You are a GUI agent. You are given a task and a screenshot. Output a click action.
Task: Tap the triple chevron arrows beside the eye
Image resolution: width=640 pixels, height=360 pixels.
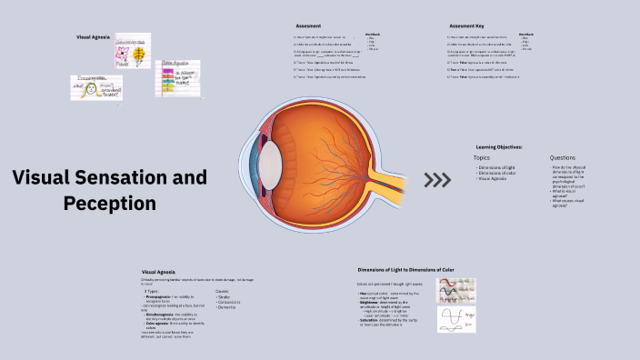[437, 179]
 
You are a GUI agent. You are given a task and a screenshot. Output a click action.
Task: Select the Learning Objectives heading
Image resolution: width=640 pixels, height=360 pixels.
[499, 146]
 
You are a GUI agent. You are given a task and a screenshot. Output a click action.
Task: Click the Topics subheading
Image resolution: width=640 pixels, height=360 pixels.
[482, 157]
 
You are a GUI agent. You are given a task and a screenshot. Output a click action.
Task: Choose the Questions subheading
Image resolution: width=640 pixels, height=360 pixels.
[563, 157]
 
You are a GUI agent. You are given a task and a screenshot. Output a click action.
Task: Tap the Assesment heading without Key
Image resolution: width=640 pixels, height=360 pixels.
[309, 25]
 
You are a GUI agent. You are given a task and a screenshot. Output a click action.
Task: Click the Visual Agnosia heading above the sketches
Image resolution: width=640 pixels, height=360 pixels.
[94, 37]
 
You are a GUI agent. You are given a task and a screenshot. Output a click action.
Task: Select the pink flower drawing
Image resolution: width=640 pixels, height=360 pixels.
[120, 57]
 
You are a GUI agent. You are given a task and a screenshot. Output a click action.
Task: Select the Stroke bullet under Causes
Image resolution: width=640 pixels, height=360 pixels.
[224, 297]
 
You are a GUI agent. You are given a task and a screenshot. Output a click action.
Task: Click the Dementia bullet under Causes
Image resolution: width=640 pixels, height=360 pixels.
[226, 308]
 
